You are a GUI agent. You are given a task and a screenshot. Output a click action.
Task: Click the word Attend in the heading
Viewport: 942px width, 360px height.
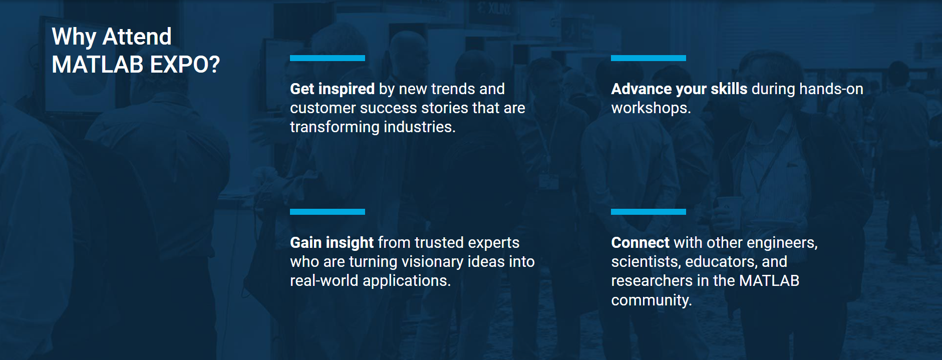coord(137,37)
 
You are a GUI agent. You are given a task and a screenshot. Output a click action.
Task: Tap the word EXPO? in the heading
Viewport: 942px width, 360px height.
coord(185,65)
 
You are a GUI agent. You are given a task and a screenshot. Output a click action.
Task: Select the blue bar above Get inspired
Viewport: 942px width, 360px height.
coord(328,58)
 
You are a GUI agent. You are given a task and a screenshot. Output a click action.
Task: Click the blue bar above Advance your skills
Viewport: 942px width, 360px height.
coord(648,58)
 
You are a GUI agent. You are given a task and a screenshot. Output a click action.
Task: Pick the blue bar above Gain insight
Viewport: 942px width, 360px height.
coord(328,212)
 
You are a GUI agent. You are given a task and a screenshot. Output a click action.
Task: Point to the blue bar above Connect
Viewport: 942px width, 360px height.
coord(648,212)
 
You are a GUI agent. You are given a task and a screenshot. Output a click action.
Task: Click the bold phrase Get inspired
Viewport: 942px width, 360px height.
coord(332,89)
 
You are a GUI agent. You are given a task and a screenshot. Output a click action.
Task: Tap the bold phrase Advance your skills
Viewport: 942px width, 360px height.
coord(679,89)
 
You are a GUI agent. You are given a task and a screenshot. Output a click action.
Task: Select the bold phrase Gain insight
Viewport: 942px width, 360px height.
coord(332,243)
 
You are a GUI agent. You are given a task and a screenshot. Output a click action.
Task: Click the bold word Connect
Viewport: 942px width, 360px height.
coord(640,243)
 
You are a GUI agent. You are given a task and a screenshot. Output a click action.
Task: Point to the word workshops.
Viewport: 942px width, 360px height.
coord(651,108)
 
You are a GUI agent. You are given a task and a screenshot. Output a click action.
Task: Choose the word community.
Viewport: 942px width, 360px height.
coord(651,300)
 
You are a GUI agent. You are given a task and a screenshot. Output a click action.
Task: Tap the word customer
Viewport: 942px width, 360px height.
coord(323,108)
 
